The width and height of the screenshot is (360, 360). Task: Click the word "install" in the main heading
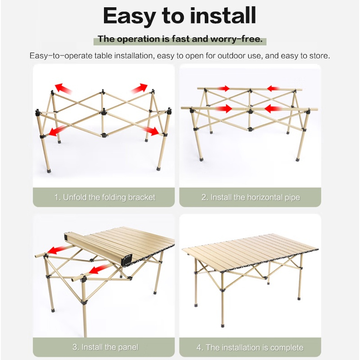point(223,16)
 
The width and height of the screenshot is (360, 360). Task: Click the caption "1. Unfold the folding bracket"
point(104,197)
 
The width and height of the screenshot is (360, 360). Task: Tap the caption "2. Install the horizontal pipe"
point(251,197)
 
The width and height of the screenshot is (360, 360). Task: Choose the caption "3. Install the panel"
point(105,347)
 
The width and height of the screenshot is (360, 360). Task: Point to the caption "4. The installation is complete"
point(250,347)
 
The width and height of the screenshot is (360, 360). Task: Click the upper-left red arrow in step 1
point(63,89)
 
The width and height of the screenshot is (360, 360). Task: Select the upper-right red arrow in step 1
point(139,88)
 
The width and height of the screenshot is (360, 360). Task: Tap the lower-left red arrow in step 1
point(57,131)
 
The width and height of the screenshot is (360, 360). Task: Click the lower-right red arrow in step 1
point(152,131)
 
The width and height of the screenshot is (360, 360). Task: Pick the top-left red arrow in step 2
point(222,89)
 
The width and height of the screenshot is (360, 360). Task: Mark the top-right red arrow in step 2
point(274,89)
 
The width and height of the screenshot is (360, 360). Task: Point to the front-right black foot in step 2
point(298,159)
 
